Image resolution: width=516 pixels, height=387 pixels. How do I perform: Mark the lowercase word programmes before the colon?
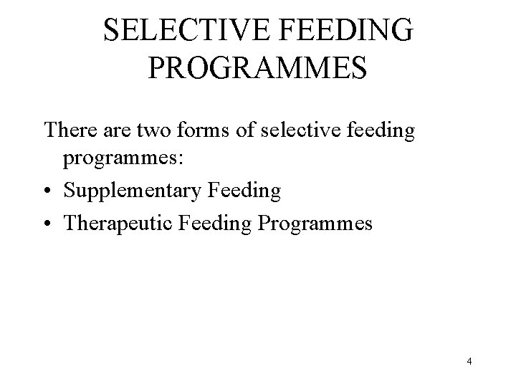pos(122,161)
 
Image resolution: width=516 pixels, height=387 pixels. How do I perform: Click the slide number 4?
pos(469,362)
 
